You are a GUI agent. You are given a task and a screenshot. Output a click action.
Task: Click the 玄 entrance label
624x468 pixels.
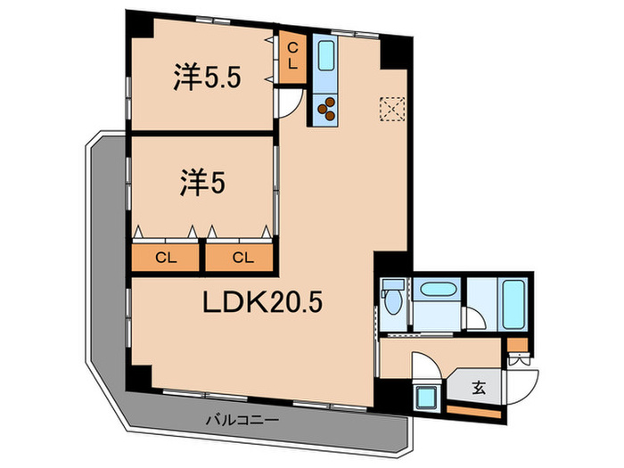[x=479, y=388]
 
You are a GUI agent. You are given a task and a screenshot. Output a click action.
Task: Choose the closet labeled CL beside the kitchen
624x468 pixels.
[x=292, y=60]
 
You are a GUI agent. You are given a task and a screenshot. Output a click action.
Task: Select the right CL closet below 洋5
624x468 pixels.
[x=241, y=258]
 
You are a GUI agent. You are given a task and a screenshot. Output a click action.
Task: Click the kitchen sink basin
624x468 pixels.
[x=325, y=59]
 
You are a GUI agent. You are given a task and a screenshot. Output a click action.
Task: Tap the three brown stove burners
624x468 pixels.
[x=326, y=109]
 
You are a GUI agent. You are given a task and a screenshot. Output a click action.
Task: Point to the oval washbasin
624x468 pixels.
[x=438, y=291]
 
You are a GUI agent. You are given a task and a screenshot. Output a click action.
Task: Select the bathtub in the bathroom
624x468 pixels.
[x=513, y=304]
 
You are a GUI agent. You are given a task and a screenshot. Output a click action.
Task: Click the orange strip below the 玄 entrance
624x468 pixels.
[x=472, y=411]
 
